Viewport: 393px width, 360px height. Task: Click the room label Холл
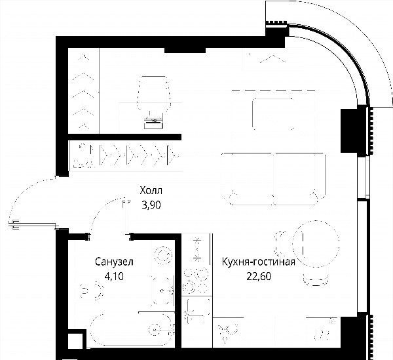151,191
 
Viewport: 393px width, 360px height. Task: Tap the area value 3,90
151,205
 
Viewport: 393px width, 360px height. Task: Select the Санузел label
114,262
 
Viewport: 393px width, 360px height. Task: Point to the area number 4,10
114,276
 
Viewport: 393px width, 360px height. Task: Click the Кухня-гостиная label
259,262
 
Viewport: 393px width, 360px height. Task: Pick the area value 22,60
259,276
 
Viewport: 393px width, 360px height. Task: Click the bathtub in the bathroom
132,330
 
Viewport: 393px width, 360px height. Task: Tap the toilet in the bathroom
91,290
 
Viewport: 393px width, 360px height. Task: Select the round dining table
316,244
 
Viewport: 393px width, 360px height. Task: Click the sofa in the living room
273,178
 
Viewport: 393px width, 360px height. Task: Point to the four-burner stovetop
196,280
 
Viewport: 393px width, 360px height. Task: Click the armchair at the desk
154,94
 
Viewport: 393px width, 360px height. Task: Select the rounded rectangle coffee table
273,114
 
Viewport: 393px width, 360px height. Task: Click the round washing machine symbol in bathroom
163,256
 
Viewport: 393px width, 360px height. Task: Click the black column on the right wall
349,130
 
